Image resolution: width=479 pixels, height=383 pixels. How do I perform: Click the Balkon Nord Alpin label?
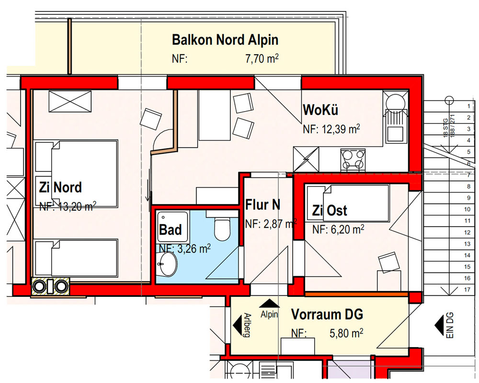[225, 40]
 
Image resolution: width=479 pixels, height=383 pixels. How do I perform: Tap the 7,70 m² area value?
[262, 58]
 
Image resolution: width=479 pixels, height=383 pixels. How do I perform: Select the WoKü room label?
[320, 110]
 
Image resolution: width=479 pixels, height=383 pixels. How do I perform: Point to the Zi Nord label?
[60, 187]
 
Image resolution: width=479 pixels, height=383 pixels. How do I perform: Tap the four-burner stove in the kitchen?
[353, 159]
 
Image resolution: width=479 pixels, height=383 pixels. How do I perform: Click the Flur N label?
[263, 204]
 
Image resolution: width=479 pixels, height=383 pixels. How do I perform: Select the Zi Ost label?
[330, 211]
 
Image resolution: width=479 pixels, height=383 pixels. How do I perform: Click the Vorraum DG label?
[327, 314]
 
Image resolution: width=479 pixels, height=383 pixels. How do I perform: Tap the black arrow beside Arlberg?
[237, 325]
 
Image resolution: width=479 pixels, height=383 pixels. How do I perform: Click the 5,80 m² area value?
[346, 333]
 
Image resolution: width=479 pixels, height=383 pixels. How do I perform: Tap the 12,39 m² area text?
[331, 129]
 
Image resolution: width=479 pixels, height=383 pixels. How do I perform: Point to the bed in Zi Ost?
[348, 203]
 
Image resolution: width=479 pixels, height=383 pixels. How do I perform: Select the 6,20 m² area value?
[338, 229]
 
